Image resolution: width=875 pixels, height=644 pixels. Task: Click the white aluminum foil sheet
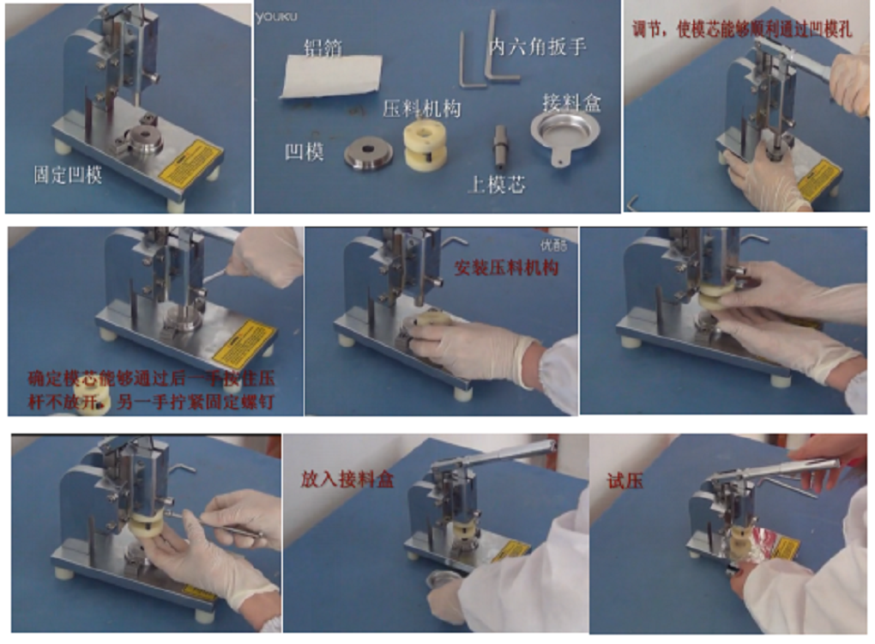tap(330, 75)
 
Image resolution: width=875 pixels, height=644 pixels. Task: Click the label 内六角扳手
tap(538, 46)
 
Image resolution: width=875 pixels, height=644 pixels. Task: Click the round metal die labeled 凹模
tap(369, 155)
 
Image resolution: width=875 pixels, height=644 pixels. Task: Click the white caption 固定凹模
tap(68, 175)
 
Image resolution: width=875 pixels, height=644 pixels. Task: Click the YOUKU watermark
tap(276, 15)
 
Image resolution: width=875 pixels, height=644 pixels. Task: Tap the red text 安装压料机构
tap(506, 268)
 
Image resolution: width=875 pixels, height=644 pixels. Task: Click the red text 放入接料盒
tap(347, 479)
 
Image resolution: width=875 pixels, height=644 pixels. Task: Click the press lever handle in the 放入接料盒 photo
tap(515, 451)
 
